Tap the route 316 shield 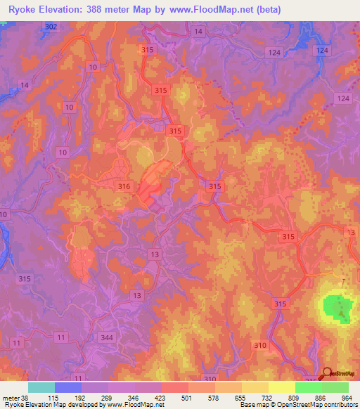pos(125,186)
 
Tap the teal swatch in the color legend pos(41,387)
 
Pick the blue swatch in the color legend pos(68,387)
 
